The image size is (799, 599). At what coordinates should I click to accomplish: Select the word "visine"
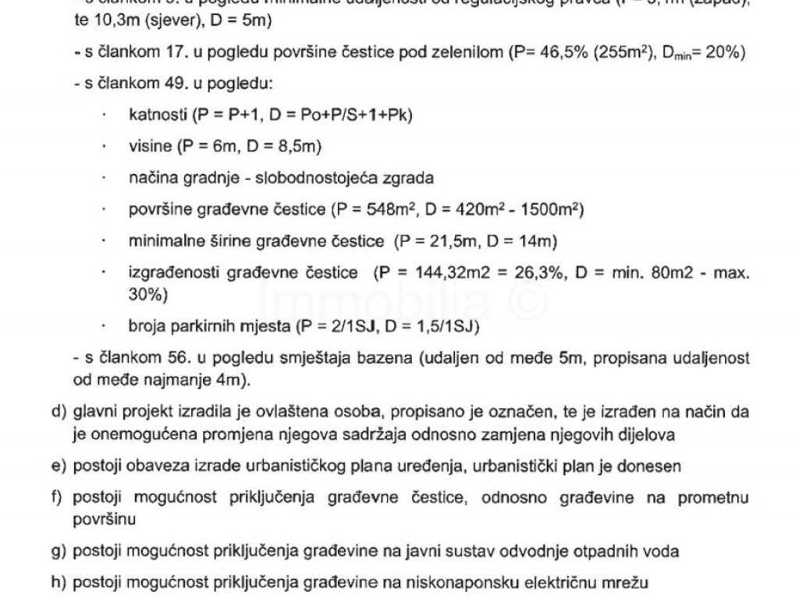(x=150, y=146)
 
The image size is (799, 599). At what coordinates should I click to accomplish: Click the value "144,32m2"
(x=439, y=273)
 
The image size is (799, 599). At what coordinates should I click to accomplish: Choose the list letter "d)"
(x=57, y=411)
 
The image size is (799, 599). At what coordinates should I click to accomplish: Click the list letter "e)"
(x=57, y=466)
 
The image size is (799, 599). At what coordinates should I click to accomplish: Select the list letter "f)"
(x=57, y=498)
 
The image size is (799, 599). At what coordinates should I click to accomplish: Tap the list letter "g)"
(x=57, y=551)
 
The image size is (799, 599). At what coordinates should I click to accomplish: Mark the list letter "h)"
(x=57, y=583)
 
